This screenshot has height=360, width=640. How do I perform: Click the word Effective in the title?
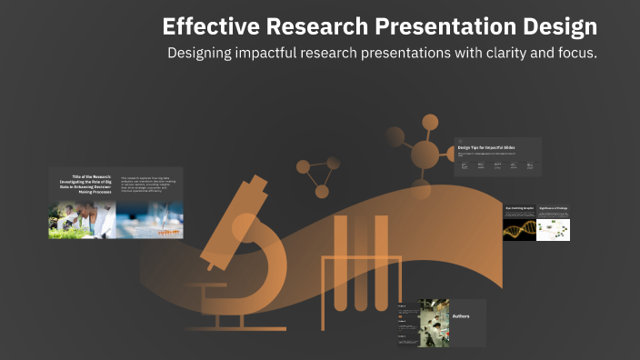coord(205,26)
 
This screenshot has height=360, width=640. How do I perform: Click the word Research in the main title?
coord(301,26)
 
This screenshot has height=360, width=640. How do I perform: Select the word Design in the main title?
coord(557,26)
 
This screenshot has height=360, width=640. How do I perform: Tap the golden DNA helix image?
coord(518,229)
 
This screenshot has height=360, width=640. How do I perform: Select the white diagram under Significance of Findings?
coord(553,230)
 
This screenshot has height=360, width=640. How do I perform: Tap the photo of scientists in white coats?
coord(83,220)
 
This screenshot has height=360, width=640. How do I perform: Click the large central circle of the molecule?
coord(425,155)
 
